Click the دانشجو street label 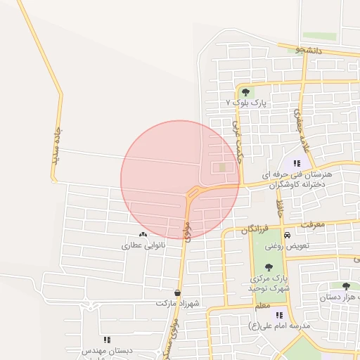coord(309,50)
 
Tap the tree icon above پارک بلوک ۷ coord(245,92)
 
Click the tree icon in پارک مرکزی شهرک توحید coord(269,266)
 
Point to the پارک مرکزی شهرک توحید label coord(268,283)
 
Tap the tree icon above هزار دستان coord(345,286)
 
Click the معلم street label coord(263,307)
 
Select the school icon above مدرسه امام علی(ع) coord(279,315)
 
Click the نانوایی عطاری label coord(143,246)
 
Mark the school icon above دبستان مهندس coord(107,340)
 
